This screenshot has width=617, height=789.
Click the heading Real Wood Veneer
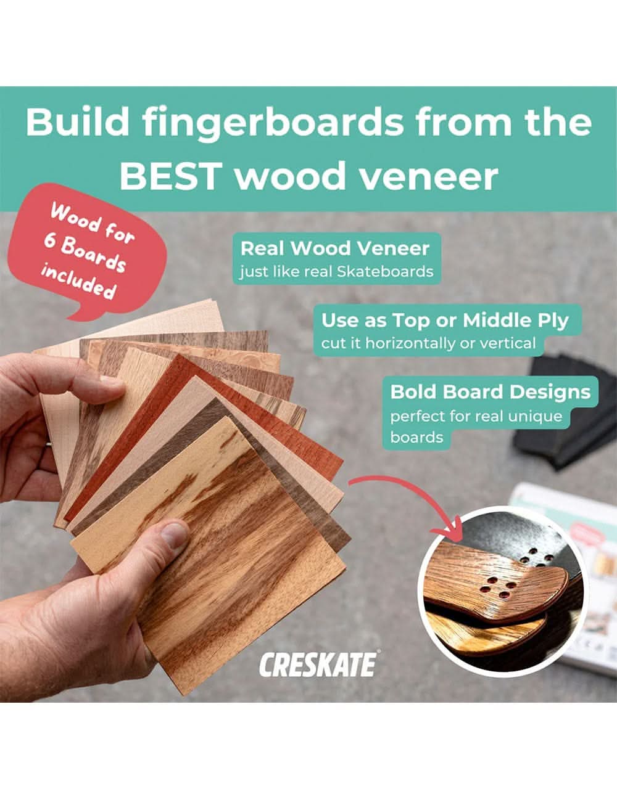coord(334,248)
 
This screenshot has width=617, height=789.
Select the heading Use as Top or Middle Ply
coord(444,321)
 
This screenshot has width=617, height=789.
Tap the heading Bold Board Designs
coord(491,392)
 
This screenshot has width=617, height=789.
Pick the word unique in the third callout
coord(535,416)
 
